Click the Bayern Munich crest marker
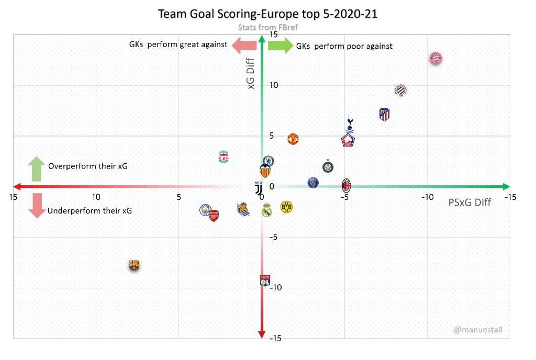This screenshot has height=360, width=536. click(x=435, y=58)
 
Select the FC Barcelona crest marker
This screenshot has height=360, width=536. click(x=135, y=266)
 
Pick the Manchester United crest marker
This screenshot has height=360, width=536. click(x=293, y=139)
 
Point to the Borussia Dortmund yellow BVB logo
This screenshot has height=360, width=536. click(x=286, y=207)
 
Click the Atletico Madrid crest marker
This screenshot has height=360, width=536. click(x=384, y=115)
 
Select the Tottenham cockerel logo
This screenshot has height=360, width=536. click(x=350, y=124)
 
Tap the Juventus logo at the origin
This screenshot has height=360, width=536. click(x=258, y=189)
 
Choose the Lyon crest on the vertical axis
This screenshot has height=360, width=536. click(x=265, y=280)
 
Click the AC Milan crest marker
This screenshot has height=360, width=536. click(x=346, y=185)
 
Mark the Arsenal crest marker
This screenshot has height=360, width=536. click(x=214, y=215)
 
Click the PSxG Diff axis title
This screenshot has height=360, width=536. click(x=470, y=202)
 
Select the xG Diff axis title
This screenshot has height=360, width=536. click(x=251, y=74)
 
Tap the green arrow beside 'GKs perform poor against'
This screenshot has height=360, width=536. click(x=281, y=46)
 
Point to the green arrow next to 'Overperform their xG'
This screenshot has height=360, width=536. click(x=37, y=168)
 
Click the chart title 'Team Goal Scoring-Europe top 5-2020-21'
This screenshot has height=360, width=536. click(x=267, y=14)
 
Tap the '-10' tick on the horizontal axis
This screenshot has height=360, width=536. click(x=427, y=197)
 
